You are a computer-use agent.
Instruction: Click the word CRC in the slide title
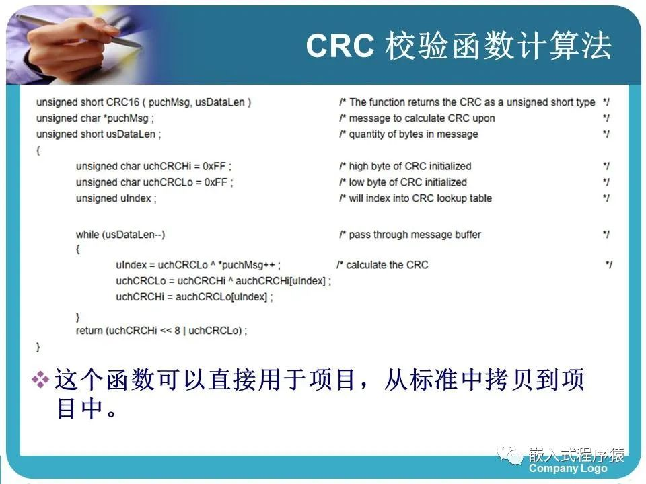coord(340,45)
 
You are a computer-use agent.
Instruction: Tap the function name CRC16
coord(122,102)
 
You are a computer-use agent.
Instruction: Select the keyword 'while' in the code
coord(87,234)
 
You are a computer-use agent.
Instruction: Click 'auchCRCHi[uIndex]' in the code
coord(280,281)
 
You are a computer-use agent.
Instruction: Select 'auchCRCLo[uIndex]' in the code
coord(221,296)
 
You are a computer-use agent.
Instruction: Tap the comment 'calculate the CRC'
coord(387,265)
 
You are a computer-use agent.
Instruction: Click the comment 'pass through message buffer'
coord(415,235)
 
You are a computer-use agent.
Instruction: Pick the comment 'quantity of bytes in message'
coord(413,134)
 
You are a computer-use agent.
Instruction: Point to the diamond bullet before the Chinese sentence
coord(40,379)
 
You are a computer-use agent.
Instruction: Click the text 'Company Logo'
coord(568,468)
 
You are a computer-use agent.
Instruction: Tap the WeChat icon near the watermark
coord(510,454)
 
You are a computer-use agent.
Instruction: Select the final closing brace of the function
coord(38,347)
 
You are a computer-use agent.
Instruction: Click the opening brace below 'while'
coord(77,249)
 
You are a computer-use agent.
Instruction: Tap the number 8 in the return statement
coord(177,331)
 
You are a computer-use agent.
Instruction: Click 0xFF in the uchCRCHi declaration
coord(214,166)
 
